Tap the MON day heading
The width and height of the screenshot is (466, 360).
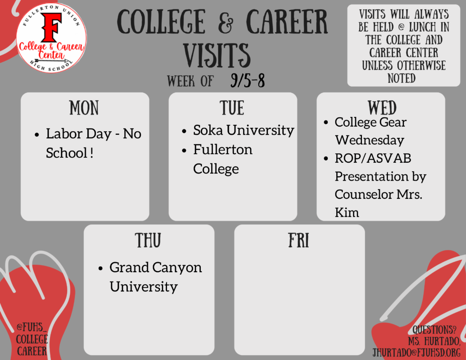point(84,108)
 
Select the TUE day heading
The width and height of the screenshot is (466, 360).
point(232,108)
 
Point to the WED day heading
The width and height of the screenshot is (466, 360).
point(382,108)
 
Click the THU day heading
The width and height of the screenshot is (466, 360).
point(148,240)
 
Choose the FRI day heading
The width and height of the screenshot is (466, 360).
point(299,240)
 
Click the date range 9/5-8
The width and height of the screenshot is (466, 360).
point(248,80)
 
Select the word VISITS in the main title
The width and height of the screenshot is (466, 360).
point(217,55)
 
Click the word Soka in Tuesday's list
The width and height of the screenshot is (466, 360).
point(208,130)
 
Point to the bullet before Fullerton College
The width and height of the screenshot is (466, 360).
point(184,151)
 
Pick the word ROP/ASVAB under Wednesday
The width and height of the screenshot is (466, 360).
point(373,158)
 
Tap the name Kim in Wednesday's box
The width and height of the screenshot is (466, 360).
point(347,213)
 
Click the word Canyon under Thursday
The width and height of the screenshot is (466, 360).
point(177,268)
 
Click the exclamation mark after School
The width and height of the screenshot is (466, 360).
point(92,153)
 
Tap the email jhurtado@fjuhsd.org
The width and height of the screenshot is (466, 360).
point(416,353)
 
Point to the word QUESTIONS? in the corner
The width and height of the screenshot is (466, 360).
point(435,330)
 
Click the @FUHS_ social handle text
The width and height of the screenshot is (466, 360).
point(31,327)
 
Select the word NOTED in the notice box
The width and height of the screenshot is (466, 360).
point(402,78)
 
